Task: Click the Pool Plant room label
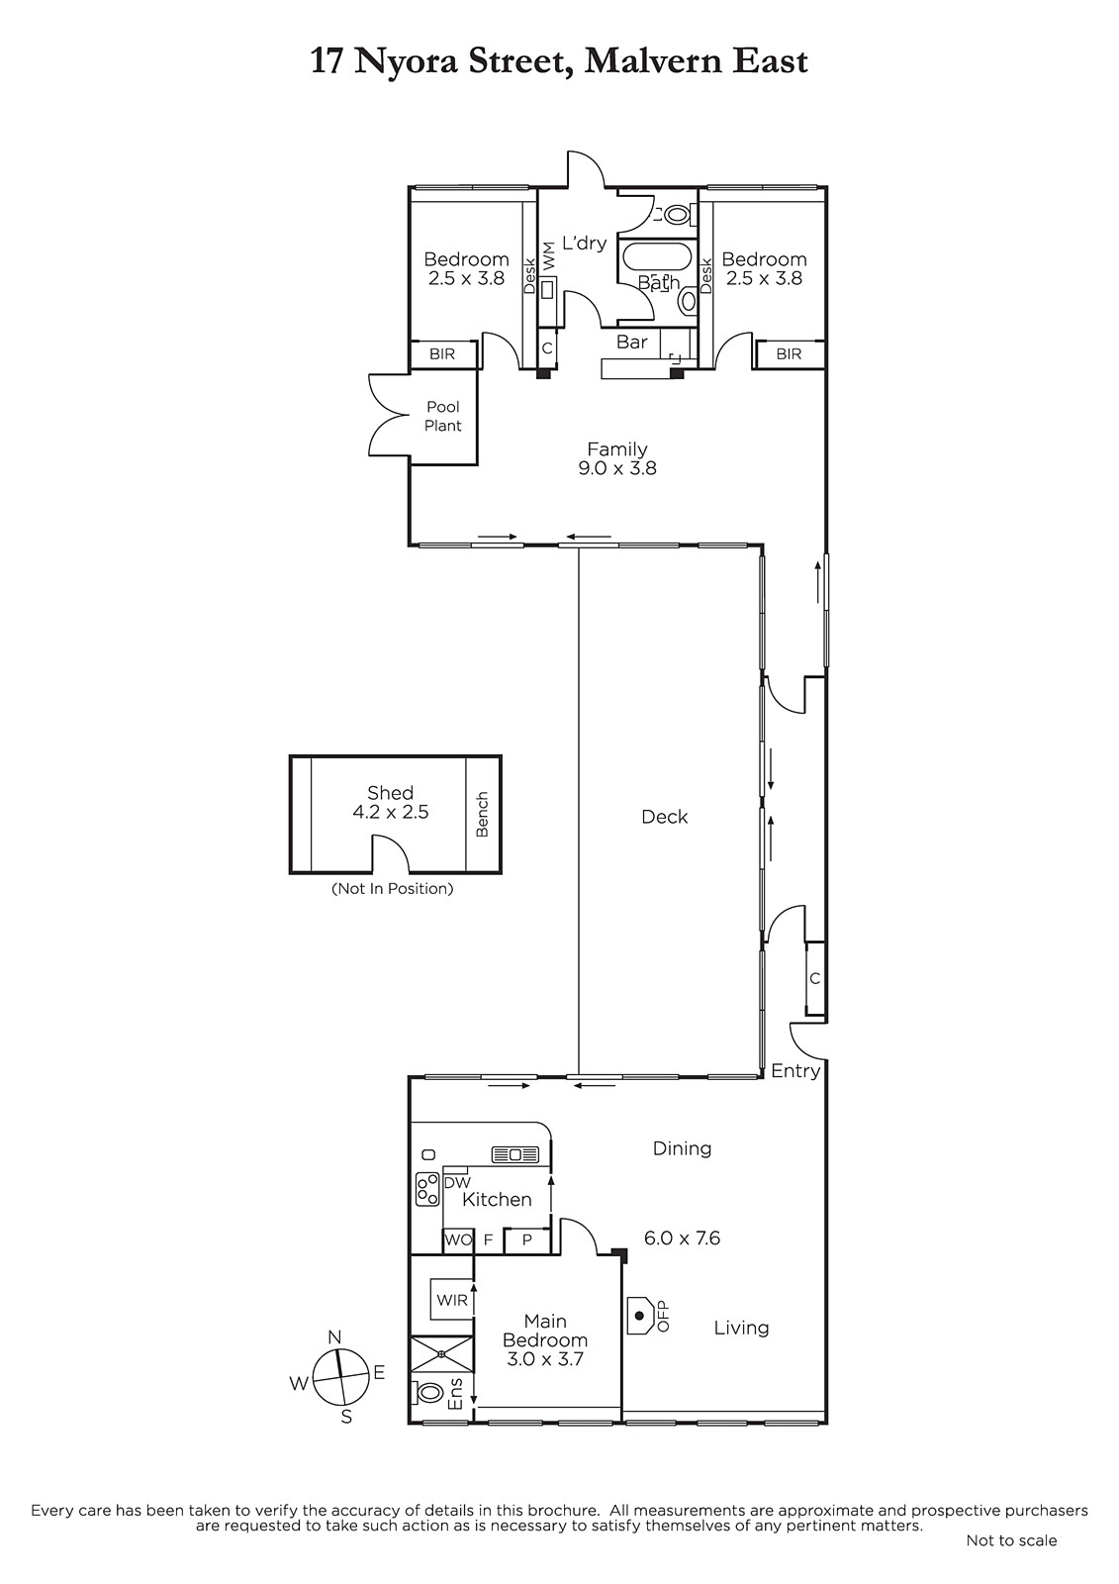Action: (x=443, y=416)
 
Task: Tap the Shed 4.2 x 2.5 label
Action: (x=390, y=802)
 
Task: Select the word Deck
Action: (x=665, y=817)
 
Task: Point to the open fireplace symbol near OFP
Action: (x=640, y=1315)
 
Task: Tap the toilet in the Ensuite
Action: (x=427, y=1392)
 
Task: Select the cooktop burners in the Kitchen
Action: (x=427, y=1189)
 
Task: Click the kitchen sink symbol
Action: (x=514, y=1154)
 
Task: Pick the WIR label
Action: (x=452, y=1300)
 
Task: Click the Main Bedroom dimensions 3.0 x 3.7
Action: (x=544, y=1358)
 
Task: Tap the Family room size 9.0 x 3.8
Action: (x=617, y=468)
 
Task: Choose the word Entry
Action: (x=795, y=1071)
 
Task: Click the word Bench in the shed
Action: (x=482, y=815)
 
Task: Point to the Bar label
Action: (x=632, y=342)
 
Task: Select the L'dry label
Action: (x=584, y=243)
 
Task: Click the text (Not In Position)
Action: (x=393, y=889)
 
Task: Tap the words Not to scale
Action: (x=1011, y=1540)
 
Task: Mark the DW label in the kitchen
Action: (x=457, y=1182)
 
